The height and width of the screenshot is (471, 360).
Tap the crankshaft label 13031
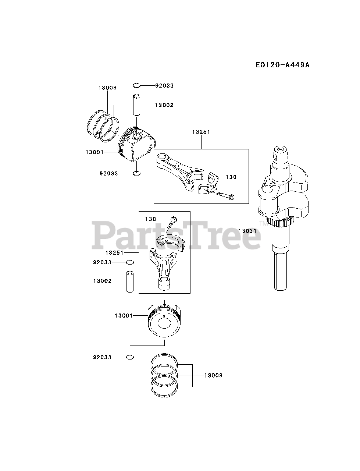(x=247, y=231)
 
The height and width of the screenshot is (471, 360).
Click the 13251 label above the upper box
(x=201, y=132)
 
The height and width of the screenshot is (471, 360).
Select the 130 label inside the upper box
(x=231, y=177)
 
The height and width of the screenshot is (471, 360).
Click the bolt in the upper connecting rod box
(x=225, y=196)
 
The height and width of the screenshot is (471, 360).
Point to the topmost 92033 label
(x=164, y=85)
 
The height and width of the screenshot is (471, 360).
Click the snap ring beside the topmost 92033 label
(x=136, y=85)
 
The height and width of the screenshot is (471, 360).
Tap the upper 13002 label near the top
(x=164, y=105)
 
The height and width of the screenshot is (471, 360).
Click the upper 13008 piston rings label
(x=107, y=88)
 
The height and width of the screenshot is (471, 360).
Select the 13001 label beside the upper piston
(x=95, y=152)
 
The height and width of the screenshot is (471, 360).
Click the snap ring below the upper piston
(x=136, y=173)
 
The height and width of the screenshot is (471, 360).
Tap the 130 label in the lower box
(x=150, y=219)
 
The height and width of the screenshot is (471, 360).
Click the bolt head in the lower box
(x=174, y=219)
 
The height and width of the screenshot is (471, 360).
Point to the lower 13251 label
(x=114, y=253)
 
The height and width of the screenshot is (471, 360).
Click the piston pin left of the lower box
(x=129, y=282)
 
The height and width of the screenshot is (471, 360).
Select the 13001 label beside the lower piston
(x=124, y=315)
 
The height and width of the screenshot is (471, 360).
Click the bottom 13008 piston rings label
(x=213, y=375)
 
